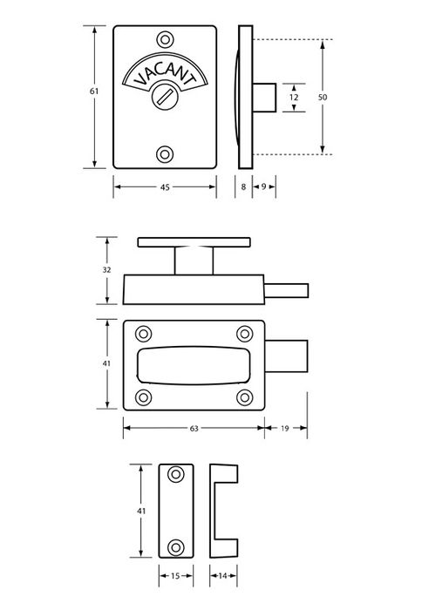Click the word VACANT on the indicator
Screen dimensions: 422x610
pyautogui.click(x=164, y=73)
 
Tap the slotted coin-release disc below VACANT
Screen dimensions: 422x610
pyautogui.click(x=165, y=97)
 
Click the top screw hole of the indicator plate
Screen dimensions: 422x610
pyautogui.click(x=165, y=40)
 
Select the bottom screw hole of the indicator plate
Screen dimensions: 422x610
pyautogui.click(x=165, y=154)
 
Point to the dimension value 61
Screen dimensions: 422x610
pyautogui.click(x=94, y=91)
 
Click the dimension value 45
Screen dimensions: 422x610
pyautogui.click(x=165, y=187)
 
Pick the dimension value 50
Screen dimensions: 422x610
pyautogui.click(x=323, y=97)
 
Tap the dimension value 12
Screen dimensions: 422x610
pyautogui.click(x=294, y=98)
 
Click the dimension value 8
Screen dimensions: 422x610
pyautogui.click(x=244, y=186)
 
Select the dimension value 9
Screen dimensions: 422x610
pyautogui.click(x=263, y=186)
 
